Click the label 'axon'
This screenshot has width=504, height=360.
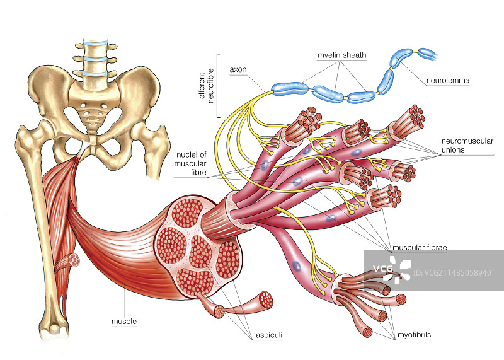238,69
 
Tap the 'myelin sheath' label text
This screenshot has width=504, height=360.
341,55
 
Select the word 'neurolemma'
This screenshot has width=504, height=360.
448,81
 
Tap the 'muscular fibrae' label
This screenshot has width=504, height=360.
418,248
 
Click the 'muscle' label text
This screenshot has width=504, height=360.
124,322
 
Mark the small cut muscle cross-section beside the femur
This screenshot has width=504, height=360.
75,259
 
